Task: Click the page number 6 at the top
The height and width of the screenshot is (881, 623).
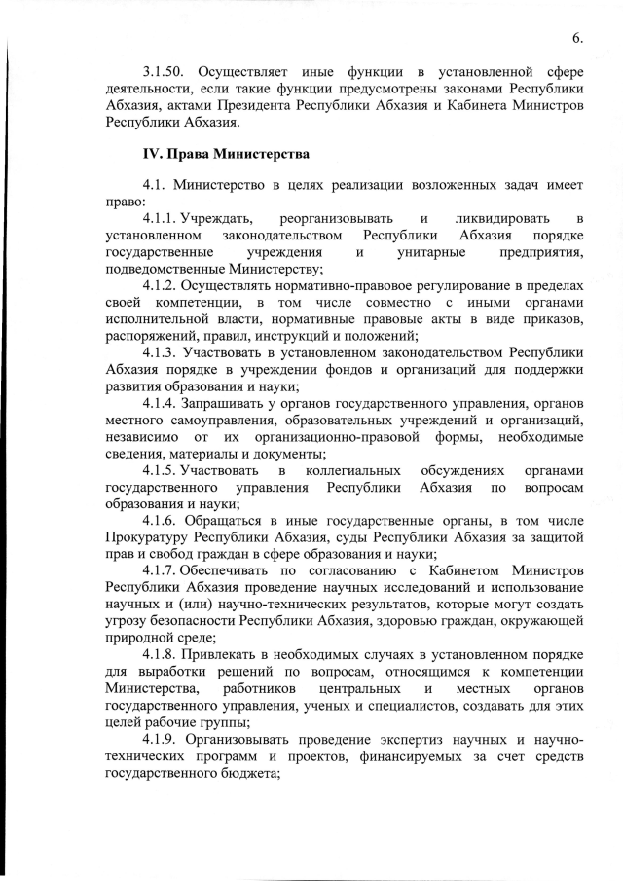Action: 576,38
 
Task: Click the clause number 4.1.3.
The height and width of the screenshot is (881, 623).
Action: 162,350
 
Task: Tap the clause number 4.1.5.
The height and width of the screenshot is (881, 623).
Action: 162,469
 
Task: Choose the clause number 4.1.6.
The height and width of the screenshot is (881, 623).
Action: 162,523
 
